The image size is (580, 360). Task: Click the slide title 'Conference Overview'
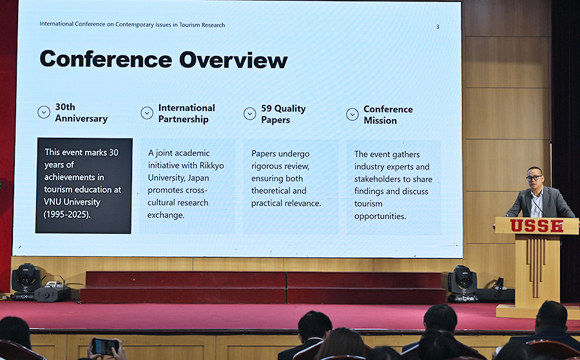(x=164, y=59)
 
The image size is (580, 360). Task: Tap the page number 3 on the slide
(x=438, y=26)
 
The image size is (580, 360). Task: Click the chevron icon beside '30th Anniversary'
(x=44, y=112)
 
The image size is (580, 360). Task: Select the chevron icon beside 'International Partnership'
(x=147, y=113)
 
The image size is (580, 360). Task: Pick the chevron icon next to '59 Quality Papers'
(x=249, y=113)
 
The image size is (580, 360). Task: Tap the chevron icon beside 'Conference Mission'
(x=352, y=114)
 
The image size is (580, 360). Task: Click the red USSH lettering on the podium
(x=537, y=225)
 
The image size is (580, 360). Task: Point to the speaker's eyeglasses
(x=534, y=178)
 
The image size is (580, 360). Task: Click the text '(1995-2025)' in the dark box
(x=67, y=214)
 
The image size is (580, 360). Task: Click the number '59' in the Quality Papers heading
(x=266, y=108)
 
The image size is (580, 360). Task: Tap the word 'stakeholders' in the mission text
(x=377, y=179)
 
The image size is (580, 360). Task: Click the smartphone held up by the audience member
(x=105, y=346)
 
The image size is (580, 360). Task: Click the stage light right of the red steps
(x=462, y=283)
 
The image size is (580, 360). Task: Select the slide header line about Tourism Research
(x=132, y=24)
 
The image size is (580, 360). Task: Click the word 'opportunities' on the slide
(x=380, y=216)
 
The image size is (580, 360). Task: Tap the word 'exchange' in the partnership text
(x=166, y=214)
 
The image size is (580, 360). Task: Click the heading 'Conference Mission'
(x=388, y=115)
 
